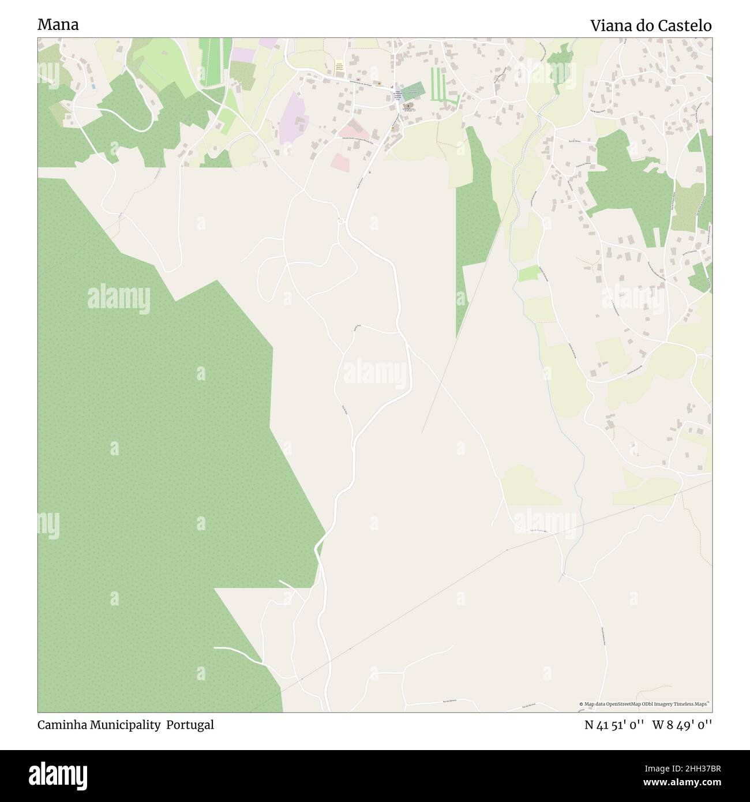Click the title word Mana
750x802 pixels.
pos(58,25)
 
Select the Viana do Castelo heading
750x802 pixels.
pos(650,25)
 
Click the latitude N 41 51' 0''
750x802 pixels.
pos(615,725)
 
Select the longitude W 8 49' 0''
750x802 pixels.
pos(682,725)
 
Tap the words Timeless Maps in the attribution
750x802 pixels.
pos(695,704)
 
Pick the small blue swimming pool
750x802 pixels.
pos(93,86)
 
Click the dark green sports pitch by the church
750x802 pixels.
pos(413,89)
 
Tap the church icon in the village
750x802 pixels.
pos(409,107)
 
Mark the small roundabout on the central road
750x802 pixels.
pos(341,221)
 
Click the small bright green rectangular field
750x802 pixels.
pos(529,274)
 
